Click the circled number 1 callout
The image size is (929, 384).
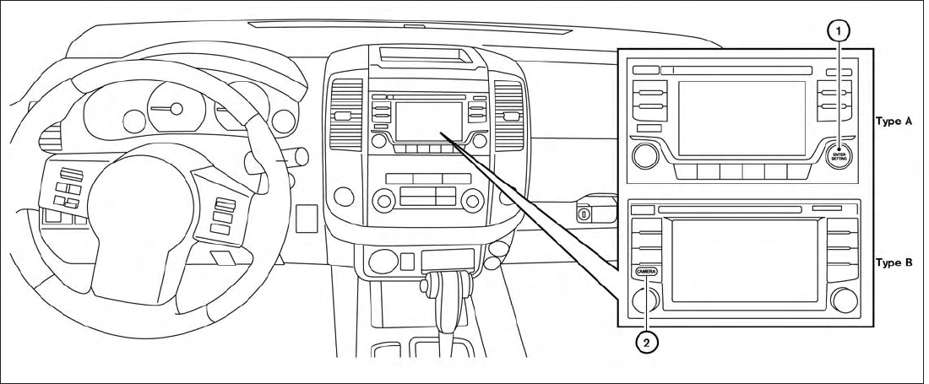click(838, 30)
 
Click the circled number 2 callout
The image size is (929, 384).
click(647, 343)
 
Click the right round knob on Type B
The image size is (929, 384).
click(844, 300)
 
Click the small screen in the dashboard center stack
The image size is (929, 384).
click(429, 120)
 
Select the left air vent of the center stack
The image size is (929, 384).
click(345, 113)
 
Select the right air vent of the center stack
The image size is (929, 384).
click(509, 113)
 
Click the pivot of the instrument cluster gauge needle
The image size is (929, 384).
click(176, 107)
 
